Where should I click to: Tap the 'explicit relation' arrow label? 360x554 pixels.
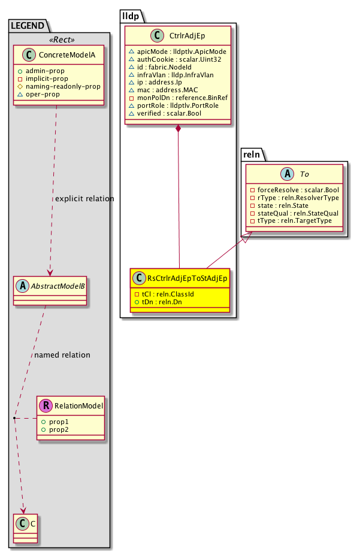click(84, 198)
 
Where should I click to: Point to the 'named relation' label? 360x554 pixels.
click(62, 355)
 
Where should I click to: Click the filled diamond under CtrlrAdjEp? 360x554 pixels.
click(179, 129)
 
